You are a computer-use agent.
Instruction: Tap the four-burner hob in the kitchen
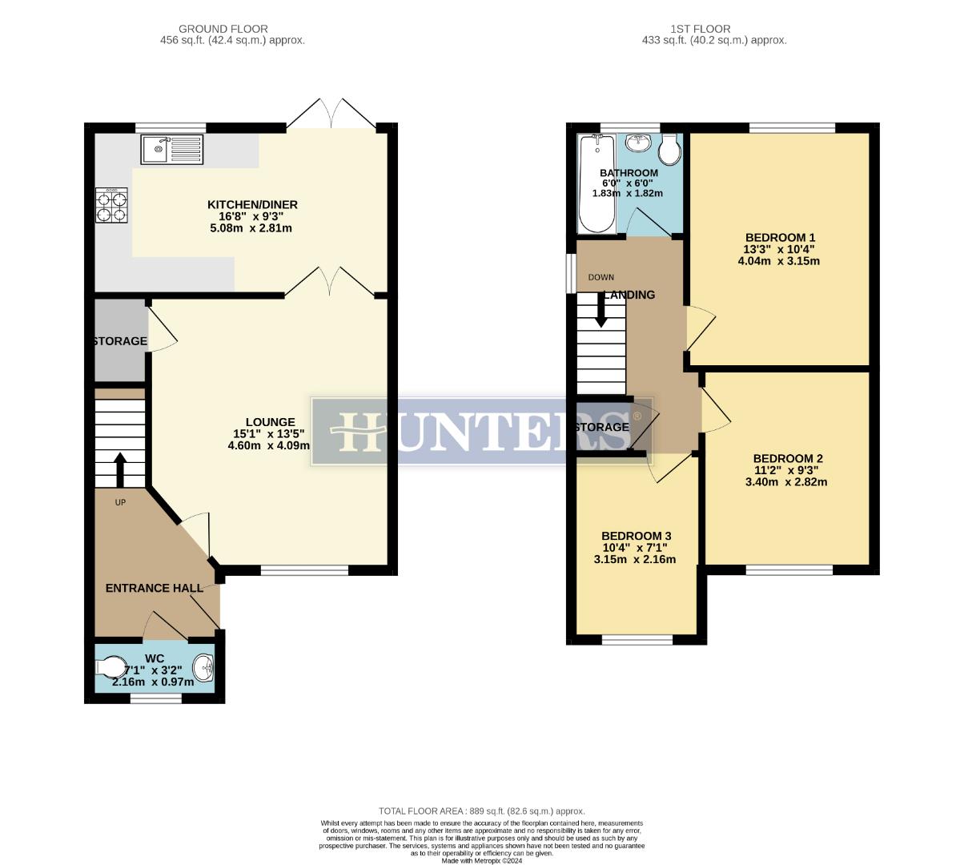coord(111,205)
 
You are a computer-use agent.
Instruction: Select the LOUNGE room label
coord(270,422)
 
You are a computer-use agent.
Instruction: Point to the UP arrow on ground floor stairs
coord(120,471)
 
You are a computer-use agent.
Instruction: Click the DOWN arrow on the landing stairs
coord(600,309)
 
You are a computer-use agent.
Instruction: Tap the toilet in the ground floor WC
coord(110,667)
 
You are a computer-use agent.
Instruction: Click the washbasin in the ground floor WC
coord(205,666)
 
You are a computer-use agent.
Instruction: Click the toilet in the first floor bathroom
coord(669,149)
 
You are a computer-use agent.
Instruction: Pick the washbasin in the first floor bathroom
coord(637,144)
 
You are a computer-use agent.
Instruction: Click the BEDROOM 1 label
coord(780,238)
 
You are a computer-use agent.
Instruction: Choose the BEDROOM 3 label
coord(636,536)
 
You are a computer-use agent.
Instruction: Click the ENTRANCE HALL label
coord(155,588)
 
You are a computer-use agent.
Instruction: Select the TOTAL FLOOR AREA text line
coord(481,811)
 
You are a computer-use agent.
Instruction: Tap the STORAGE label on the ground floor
coord(119,341)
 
